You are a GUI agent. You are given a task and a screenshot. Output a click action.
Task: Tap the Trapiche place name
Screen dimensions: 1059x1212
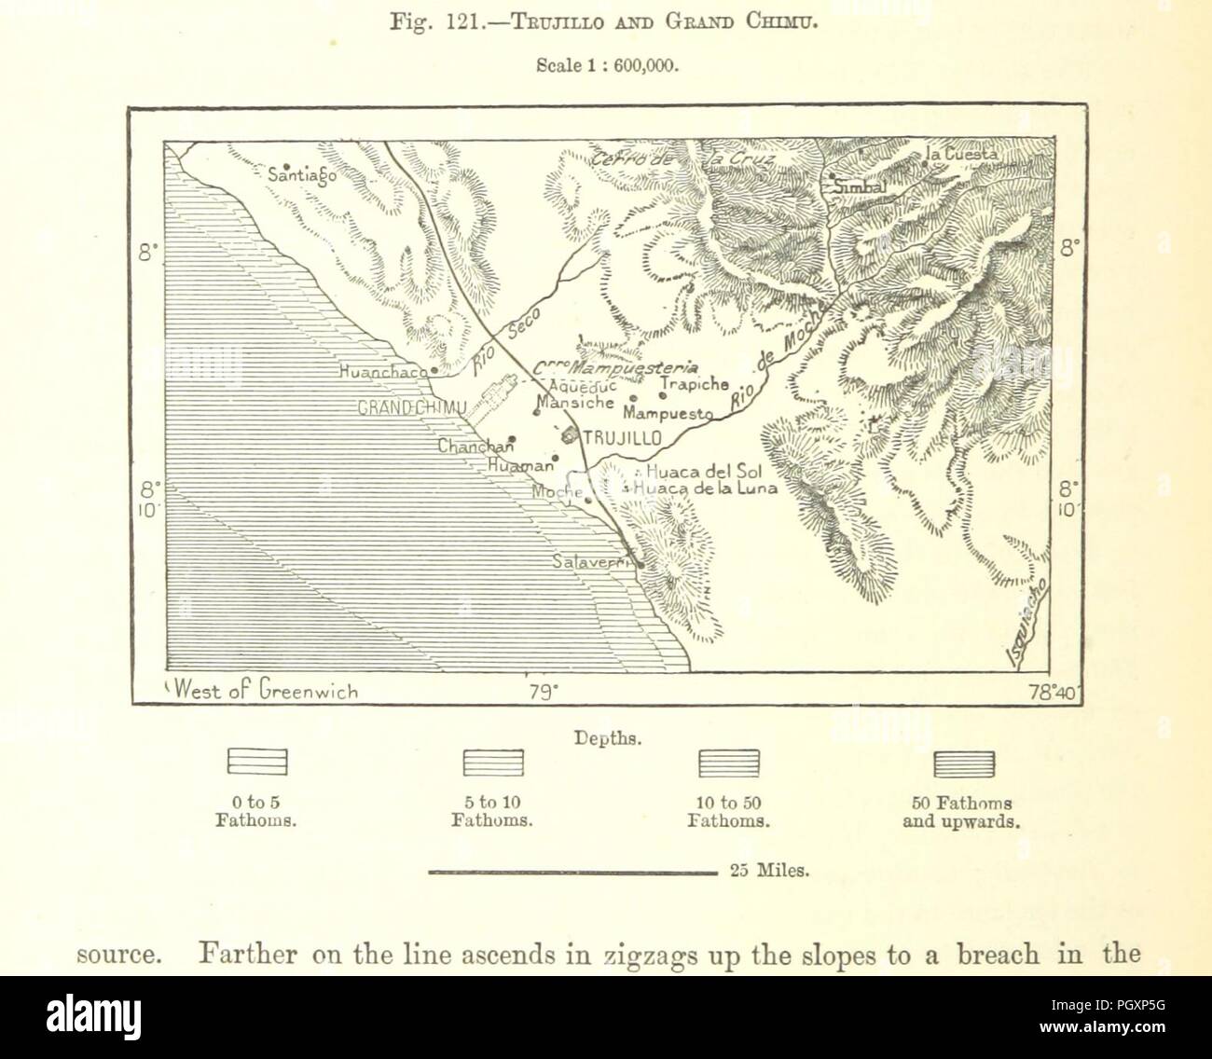click(695, 384)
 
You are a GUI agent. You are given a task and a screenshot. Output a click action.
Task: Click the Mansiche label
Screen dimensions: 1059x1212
click(576, 403)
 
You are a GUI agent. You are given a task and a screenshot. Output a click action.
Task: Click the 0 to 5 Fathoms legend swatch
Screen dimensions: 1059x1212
click(257, 763)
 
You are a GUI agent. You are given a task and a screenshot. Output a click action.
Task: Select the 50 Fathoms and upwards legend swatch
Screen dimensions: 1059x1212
click(964, 763)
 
